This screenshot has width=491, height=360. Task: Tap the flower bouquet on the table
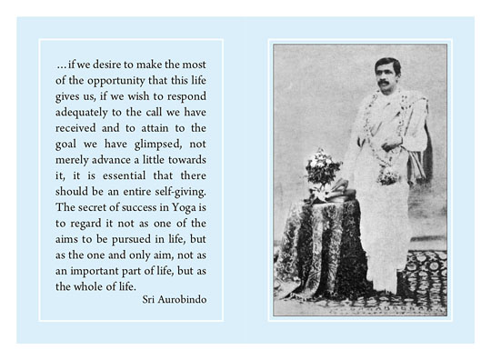[323, 167]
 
